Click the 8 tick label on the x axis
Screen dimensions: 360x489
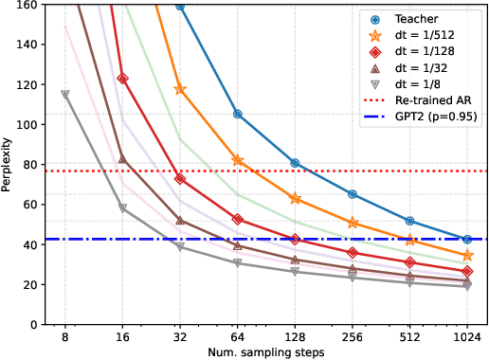click(65, 335)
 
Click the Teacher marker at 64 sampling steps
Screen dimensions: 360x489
click(238, 114)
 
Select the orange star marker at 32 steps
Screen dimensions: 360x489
click(180, 89)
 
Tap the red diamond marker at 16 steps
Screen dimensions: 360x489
click(123, 79)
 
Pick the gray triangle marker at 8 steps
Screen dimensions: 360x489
click(65, 95)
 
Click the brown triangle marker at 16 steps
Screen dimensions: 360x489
click(123, 158)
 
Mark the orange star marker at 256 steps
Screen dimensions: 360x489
click(353, 223)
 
